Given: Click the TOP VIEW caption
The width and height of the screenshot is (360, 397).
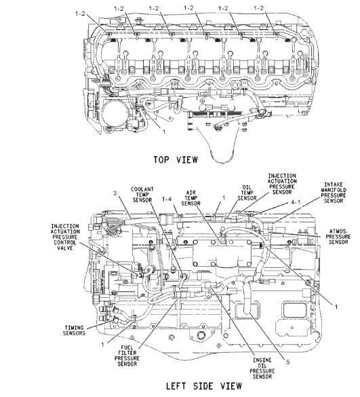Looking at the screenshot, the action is pyautogui.click(x=176, y=159).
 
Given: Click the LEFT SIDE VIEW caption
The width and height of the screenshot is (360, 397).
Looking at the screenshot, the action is pyautogui.click(x=204, y=386).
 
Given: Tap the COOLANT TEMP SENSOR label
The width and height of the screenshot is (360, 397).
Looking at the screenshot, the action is pyautogui.click(x=142, y=195).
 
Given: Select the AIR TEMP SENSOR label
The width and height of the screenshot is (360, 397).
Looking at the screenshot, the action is pyautogui.click(x=191, y=198).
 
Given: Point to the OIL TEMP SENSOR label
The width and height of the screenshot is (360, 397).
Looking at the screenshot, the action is pyautogui.click(x=247, y=193).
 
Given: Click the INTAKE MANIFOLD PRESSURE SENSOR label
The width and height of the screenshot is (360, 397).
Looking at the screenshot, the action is pyautogui.click(x=334, y=193).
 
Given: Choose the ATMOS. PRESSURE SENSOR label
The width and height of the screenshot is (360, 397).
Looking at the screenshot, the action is pyautogui.click(x=338, y=237).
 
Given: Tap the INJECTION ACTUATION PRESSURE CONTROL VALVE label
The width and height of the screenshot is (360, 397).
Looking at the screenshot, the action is pyautogui.click(x=65, y=237).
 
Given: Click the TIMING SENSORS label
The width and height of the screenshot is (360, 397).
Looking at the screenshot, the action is pyautogui.click(x=74, y=330).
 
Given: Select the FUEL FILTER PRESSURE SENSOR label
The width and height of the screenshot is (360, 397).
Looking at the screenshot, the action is pyautogui.click(x=127, y=356).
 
